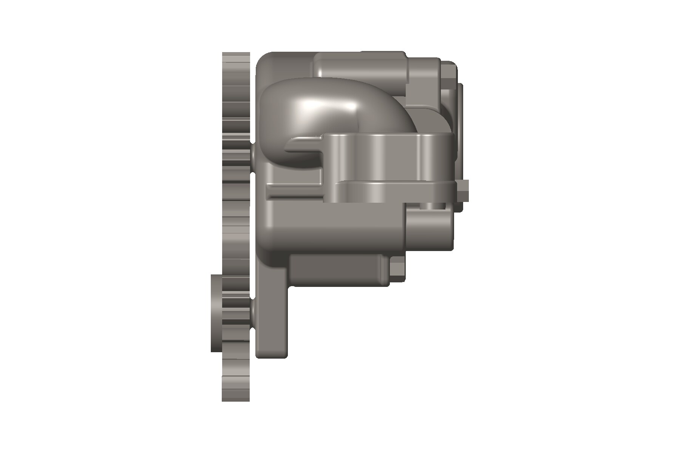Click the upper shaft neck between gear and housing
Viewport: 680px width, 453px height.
coord(252,155)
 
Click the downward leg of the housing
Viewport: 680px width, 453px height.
coord(272,321)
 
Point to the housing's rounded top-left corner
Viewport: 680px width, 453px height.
coord(268,64)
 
